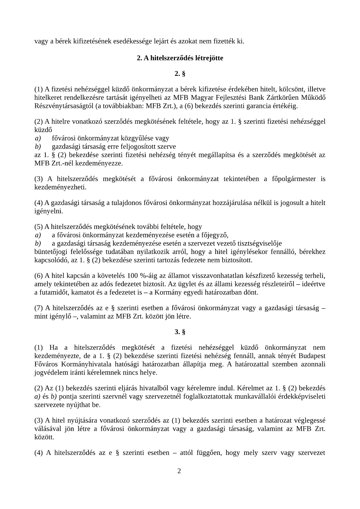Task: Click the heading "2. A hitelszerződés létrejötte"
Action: [180, 58]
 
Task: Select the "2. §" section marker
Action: [180, 73]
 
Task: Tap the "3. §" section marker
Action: [180, 332]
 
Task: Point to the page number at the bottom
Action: [179, 471]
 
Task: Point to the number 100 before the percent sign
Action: [133, 275]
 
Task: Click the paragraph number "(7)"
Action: [39, 308]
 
